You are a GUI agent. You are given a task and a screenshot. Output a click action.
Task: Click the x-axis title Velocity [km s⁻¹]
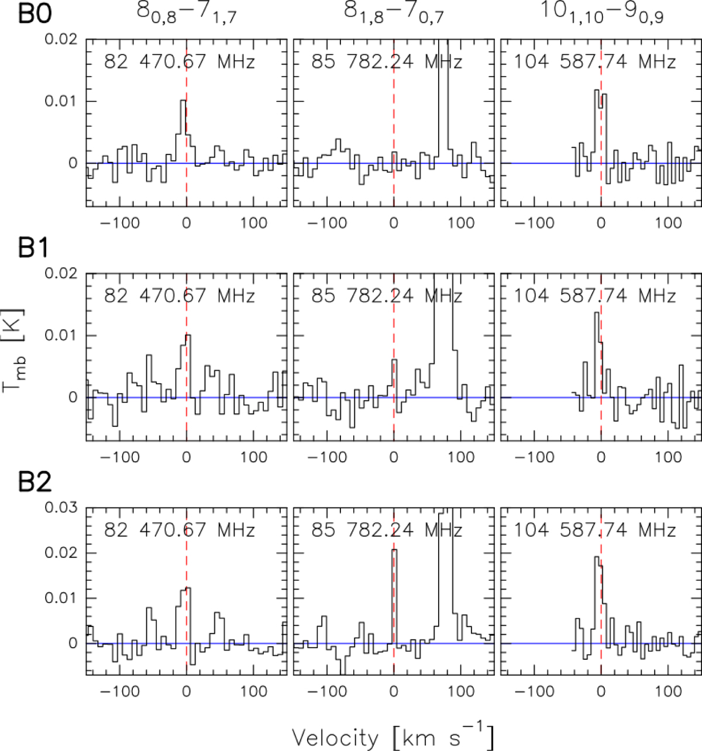[x=393, y=737]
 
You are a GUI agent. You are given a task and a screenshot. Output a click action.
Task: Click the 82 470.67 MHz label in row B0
[x=180, y=61]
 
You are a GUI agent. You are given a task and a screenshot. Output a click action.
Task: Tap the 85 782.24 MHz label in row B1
[x=387, y=295]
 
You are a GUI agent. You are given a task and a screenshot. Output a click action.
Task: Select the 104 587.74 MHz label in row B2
[x=594, y=530]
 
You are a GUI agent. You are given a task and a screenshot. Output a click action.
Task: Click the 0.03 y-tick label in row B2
[x=61, y=507]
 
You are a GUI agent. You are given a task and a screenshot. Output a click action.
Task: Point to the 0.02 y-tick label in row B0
[x=61, y=39]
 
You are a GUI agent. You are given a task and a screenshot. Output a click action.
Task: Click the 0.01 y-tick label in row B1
[x=61, y=335]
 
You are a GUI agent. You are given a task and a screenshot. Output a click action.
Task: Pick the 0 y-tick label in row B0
[x=73, y=163]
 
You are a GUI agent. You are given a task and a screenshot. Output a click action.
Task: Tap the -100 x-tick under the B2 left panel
[x=119, y=691]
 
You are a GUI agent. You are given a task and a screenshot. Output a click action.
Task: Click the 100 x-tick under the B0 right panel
[x=668, y=223]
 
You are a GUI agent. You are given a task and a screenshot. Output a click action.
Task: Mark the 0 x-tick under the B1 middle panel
[x=393, y=457]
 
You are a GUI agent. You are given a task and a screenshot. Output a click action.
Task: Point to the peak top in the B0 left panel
[x=183, y=101]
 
